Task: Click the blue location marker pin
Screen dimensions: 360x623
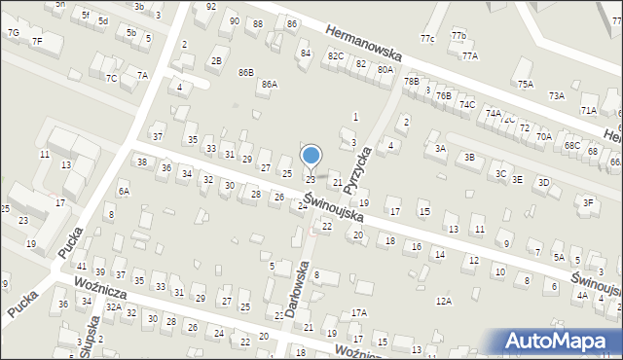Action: click(x=311, y=156)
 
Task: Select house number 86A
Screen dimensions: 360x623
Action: click(x=269, y=85)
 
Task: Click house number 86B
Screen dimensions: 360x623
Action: click(x=245, y=72)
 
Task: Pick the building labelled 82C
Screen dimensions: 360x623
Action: click(x=336, y=56)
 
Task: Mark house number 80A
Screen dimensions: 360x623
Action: click(x=385, y=70)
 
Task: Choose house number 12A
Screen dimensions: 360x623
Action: click(x=444, y=302)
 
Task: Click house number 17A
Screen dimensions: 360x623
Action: click(x=359, y=312)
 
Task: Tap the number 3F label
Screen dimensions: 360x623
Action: click(x=588, y=202)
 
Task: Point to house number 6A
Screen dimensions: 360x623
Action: click(x=124, y=193)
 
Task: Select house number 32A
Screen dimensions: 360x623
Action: click(x=113, y=307)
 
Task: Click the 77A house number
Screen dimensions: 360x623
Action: click(x=470, y=56)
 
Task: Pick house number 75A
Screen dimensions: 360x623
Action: click(x=526, y=85)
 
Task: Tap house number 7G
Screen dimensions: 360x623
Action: click(x=13, y=33)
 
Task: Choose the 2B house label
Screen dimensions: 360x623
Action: click(x=216, y=61)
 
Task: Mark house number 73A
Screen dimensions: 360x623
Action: click(x=556, y=95)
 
